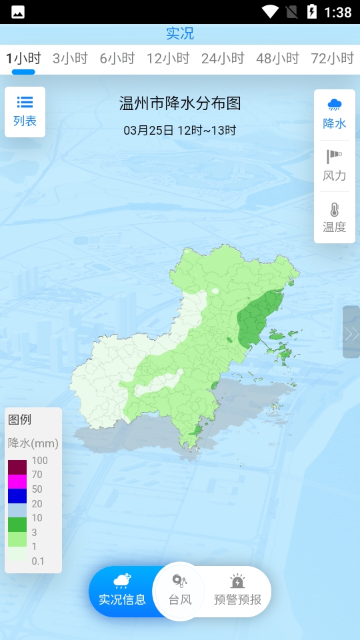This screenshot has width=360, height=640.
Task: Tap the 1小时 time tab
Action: tap(23, 59)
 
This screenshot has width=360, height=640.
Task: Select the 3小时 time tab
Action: tap(70, 59)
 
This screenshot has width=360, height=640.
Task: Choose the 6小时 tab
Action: tap(117, 59)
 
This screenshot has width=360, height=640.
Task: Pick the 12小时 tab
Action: tap(168, 59)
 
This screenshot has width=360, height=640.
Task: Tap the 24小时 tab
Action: tap(223, 59)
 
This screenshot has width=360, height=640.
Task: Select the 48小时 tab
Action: tap(277, 59)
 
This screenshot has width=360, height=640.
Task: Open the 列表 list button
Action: tap(25, 111)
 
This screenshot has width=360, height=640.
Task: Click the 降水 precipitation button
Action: tap(335, 114)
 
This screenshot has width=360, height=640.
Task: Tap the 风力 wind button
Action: tap(335, 166)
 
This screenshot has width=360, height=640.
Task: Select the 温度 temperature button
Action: tap(335, 217)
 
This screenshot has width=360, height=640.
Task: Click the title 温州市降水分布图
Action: tap(180, 103)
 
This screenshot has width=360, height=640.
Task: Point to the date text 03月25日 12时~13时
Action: tap(180, 130)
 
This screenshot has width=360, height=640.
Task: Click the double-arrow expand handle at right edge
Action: tap(351, 333)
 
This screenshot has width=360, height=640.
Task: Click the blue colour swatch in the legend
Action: tap(17, 496)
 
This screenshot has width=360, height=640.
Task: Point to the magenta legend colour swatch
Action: tap(17, 481)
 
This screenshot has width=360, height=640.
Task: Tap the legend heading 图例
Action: tap(20, 420)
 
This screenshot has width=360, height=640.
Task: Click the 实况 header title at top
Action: tap(180, 33)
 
